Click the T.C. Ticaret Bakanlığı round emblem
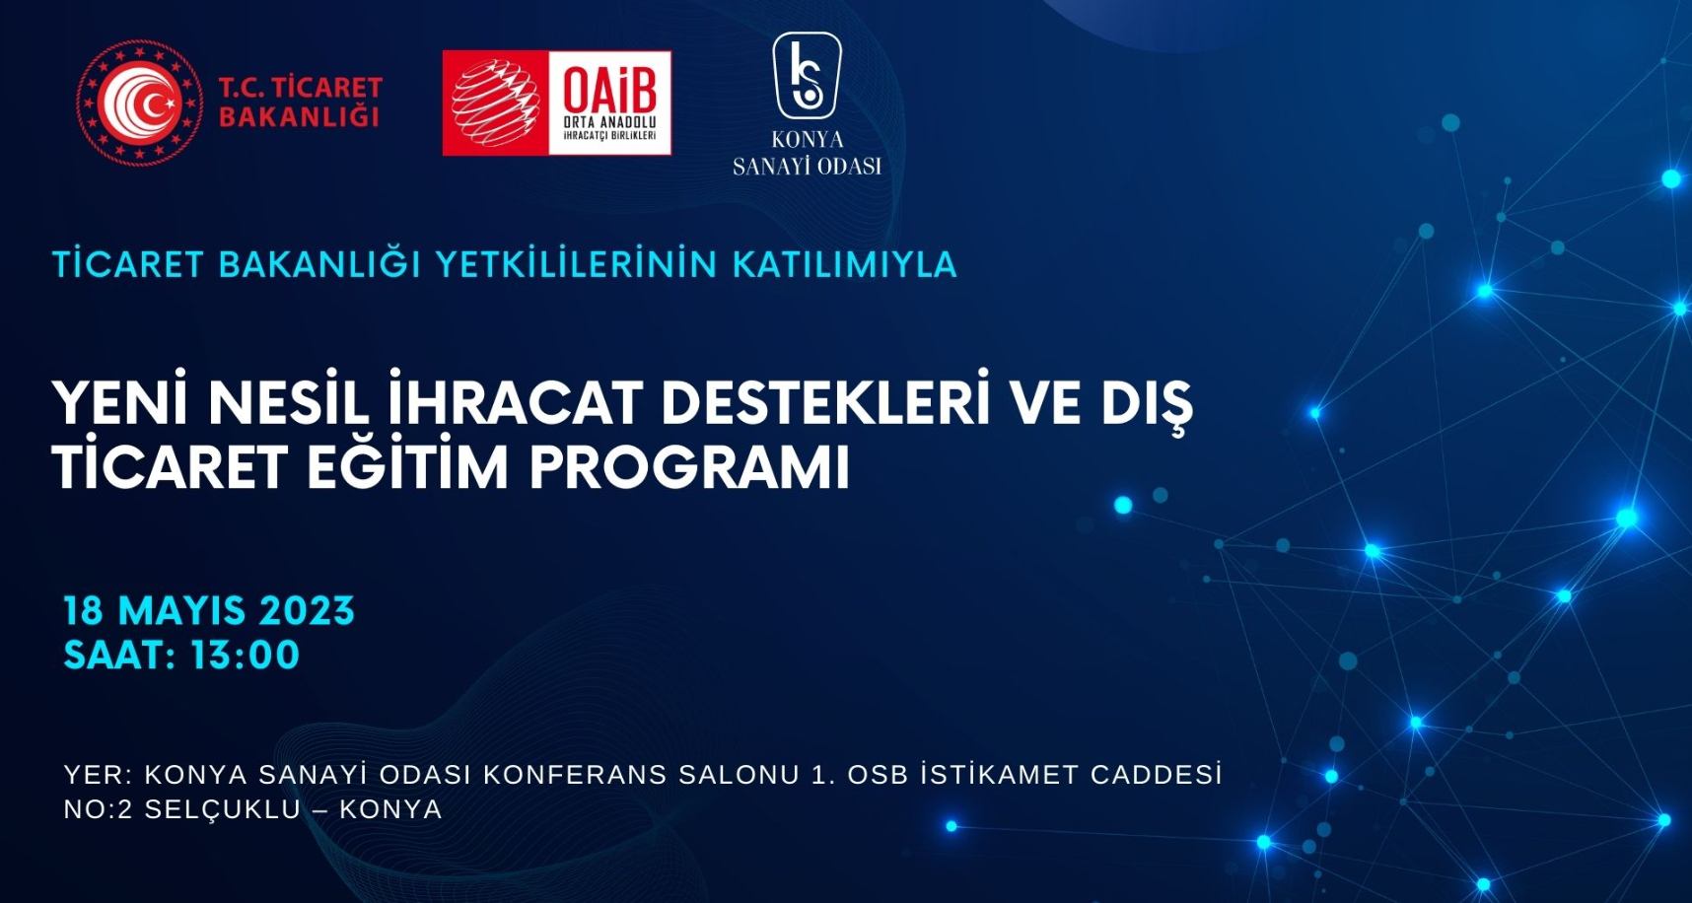tap(139, 102)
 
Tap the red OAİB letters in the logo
tap(609, 87)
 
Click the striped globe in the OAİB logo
tap(495, 104)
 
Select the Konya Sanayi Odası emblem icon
tap(807, 75)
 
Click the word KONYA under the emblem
tap(808, 140)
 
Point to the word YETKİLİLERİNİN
tap(576, 264)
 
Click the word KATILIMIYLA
tap(845, 264)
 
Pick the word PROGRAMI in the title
tap(689, 466)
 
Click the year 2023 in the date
tap(307, 611)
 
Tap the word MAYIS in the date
tap(181, 611)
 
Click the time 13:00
tap(245, 656)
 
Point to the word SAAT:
tap(119, 656)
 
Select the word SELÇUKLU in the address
tap(223, 809)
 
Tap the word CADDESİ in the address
tap(1157, 774)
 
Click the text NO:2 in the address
tap(98, 809)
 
